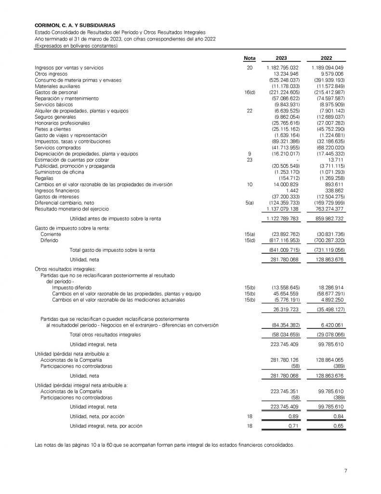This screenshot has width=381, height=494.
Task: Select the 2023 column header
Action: (282, 58)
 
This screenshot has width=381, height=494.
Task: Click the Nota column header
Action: (250, 58)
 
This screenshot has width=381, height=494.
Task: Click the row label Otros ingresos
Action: (51, 74)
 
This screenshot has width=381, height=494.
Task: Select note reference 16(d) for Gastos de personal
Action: (250, 92)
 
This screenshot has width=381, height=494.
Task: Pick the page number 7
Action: (346, 471)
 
